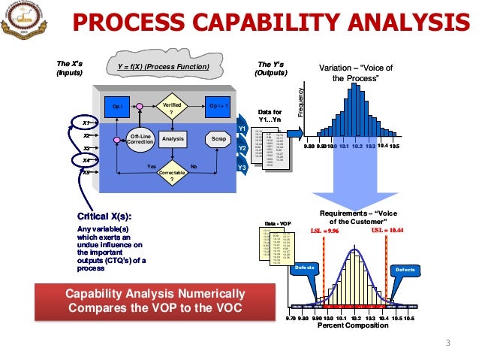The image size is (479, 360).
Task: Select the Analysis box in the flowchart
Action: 173,139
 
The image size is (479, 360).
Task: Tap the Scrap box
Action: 218,139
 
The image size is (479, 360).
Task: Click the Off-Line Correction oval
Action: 140,139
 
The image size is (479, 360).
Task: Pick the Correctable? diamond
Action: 172,174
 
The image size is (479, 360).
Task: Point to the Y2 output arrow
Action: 242,148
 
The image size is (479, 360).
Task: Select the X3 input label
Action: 87,149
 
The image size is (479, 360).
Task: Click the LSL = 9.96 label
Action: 324,231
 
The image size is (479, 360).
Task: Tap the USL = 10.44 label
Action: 387,231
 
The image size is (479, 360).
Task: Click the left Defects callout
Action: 305,268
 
